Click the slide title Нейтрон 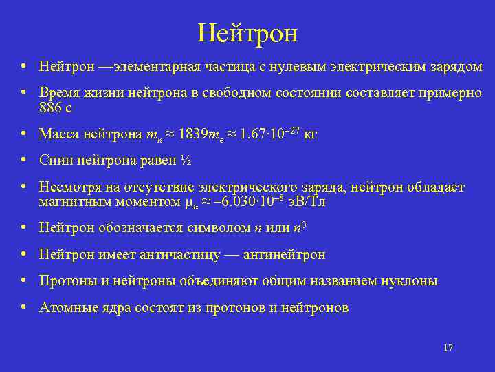pyautogui.click(x=247, y=32)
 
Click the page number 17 pyautogui.click(x=448, y=348)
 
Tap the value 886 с pyautogui.click(x=56, y=107)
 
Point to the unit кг pyautogui.click(x=309, y=134)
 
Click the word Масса pyautogui.click(x=58, y=134)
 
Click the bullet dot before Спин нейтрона pyautogui.click(x=24, y=160)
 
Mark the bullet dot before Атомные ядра pyautogui.click(x=24, y=307)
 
